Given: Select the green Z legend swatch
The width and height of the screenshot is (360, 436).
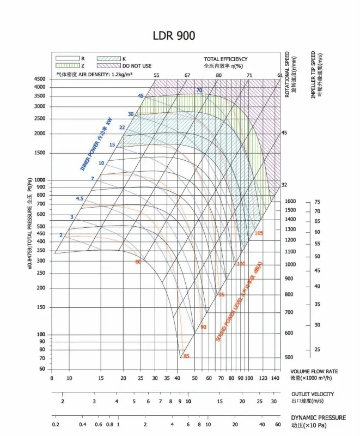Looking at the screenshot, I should (66, 65).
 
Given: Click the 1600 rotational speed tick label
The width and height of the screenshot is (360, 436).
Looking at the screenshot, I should (290, 201).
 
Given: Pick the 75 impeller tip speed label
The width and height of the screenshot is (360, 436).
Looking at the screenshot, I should (317, 202).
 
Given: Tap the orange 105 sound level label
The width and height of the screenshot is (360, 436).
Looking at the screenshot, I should (259, 233).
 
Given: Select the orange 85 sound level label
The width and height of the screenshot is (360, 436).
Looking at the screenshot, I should (186, 356).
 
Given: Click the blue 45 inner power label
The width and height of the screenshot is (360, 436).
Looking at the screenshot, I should (141, 96).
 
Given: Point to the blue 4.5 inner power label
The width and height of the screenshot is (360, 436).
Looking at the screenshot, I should (80, 198).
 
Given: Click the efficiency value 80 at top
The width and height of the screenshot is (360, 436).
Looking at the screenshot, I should (218, 75).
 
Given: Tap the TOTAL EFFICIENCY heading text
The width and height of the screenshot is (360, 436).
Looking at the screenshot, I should (225, 59).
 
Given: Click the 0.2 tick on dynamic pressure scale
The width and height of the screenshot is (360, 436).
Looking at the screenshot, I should (56, 425).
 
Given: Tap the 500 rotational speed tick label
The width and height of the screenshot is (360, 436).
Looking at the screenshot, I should (290, 357).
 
